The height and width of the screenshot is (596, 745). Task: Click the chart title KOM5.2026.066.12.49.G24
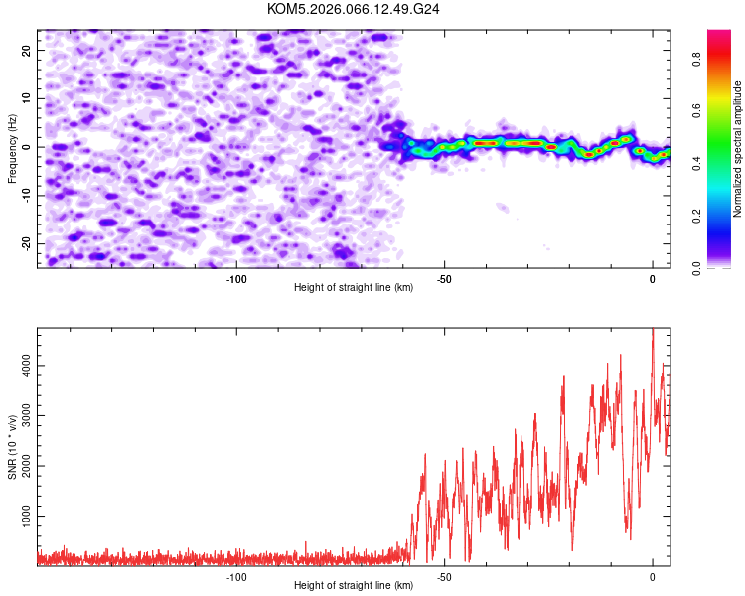click(x=354, y=9)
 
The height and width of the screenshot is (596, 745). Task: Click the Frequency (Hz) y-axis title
click(x=13, y=147)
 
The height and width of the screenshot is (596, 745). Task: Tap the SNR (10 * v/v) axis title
click(x=13, y=446)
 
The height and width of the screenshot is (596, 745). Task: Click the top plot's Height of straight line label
click(x=354, y=288)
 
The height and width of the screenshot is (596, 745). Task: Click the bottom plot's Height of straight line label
click(x=354, y=586)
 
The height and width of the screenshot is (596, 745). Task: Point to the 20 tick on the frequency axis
click(x=26, y=49)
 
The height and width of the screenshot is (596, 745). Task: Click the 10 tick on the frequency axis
click(x=26, y=97)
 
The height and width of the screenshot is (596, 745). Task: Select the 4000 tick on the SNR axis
click(x=21, y=368)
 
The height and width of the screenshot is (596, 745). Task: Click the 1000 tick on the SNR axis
click(x=21, y=517)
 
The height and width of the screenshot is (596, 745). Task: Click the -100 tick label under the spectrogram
click(x=236, y=279)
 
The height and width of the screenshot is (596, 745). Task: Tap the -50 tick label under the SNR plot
click(x=444, y=577)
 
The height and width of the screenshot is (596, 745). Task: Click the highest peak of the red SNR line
click(x=653, y=330)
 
